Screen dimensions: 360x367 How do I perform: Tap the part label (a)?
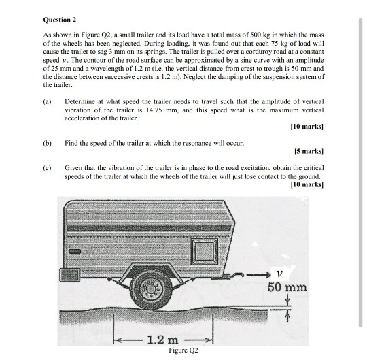coord(47,101)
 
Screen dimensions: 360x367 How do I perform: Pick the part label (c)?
coord(47,166)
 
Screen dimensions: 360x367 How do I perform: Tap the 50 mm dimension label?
coord(287,287)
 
